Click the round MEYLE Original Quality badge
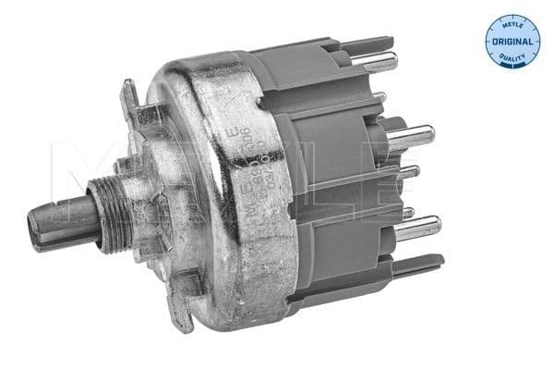pos(512,42)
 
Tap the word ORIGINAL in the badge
pos(512,42)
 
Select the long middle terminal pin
pos(411,138)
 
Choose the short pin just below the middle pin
pos(406,172)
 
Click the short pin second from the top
pos(379,97)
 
